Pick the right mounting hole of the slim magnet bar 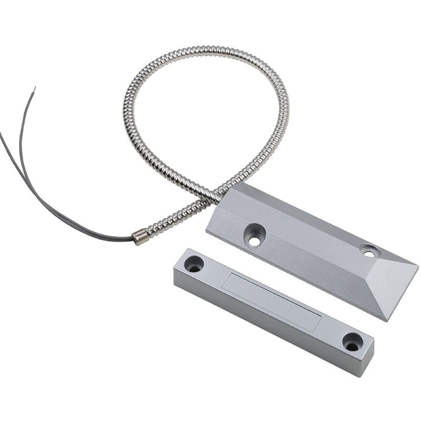352,342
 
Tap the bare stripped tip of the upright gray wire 34,91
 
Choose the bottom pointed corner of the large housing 387,320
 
